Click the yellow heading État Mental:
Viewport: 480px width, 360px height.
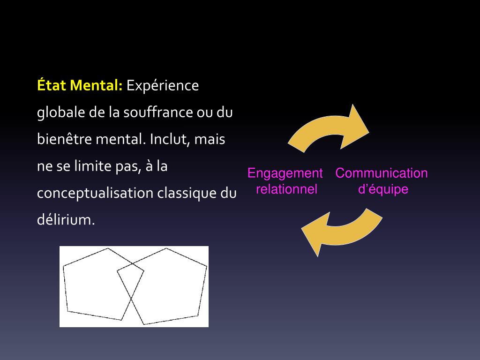coord(80,86)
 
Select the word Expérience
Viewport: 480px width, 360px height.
coord(163,86)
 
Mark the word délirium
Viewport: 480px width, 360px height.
coord(66,220)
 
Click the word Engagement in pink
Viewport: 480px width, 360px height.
coord(285,173)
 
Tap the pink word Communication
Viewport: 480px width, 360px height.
coord(382,173)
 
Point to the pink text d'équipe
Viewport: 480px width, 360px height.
coord(383,189)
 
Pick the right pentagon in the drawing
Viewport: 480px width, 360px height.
coord(173,291)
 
